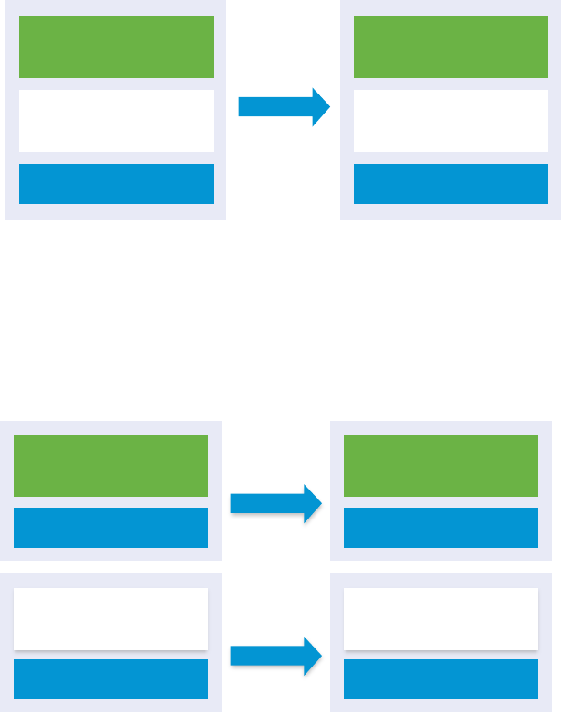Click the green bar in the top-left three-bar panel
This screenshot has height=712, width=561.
pyautogui.click(x=116, y=47)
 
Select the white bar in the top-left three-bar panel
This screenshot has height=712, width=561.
pyautogui.click(x=116, y=121)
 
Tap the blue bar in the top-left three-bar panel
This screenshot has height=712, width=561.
pyautogui.click(x=116, y=184)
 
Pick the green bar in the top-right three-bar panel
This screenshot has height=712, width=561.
pyautogui.click(x=451, y=47)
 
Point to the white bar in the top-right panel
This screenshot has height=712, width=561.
pyautogui.click(x=451, y=121)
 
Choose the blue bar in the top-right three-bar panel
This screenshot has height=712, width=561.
pyautogui.click(x=451, y=184)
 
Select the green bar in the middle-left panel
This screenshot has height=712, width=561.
pyautogui.click(x=111, y=465)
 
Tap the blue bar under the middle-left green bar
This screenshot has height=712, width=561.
pyautogui.click(x=111, y=528)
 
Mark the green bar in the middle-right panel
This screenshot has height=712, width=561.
pyautogui.click(x=441, y=465)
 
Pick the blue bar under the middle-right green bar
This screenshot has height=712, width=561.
pyautogui.click(x=441, y=528)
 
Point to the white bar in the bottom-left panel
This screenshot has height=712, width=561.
pyautogui.click(x=111, y=618)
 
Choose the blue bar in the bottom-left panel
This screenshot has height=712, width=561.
pyautogui.click(x=111, y=678)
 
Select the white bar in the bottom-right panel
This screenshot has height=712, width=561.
pyautogui.click(x=441, y=618)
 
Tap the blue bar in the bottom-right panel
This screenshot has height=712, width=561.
pyautogui.click(x=441, y=678)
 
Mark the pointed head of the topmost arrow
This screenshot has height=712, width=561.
pyautogui.click(x=320, y=107)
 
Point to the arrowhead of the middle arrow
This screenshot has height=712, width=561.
pyautogui.click(x=313, y=503)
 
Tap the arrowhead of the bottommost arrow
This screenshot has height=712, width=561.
pyautogui.click(x=313, y=656)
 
